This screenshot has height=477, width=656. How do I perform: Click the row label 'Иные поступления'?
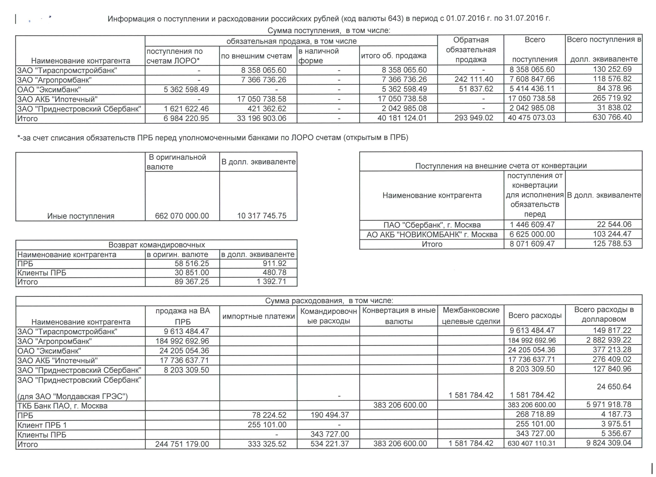click(81, 216)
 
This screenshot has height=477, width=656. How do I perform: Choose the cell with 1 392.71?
click(271, 282)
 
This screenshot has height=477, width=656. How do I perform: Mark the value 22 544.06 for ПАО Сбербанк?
click(614, 224)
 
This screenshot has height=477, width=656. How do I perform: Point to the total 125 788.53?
click(612, 244)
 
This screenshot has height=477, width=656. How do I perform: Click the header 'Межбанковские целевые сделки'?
click(471, 316)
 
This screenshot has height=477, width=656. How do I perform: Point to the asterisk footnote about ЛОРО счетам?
click(213, 138)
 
